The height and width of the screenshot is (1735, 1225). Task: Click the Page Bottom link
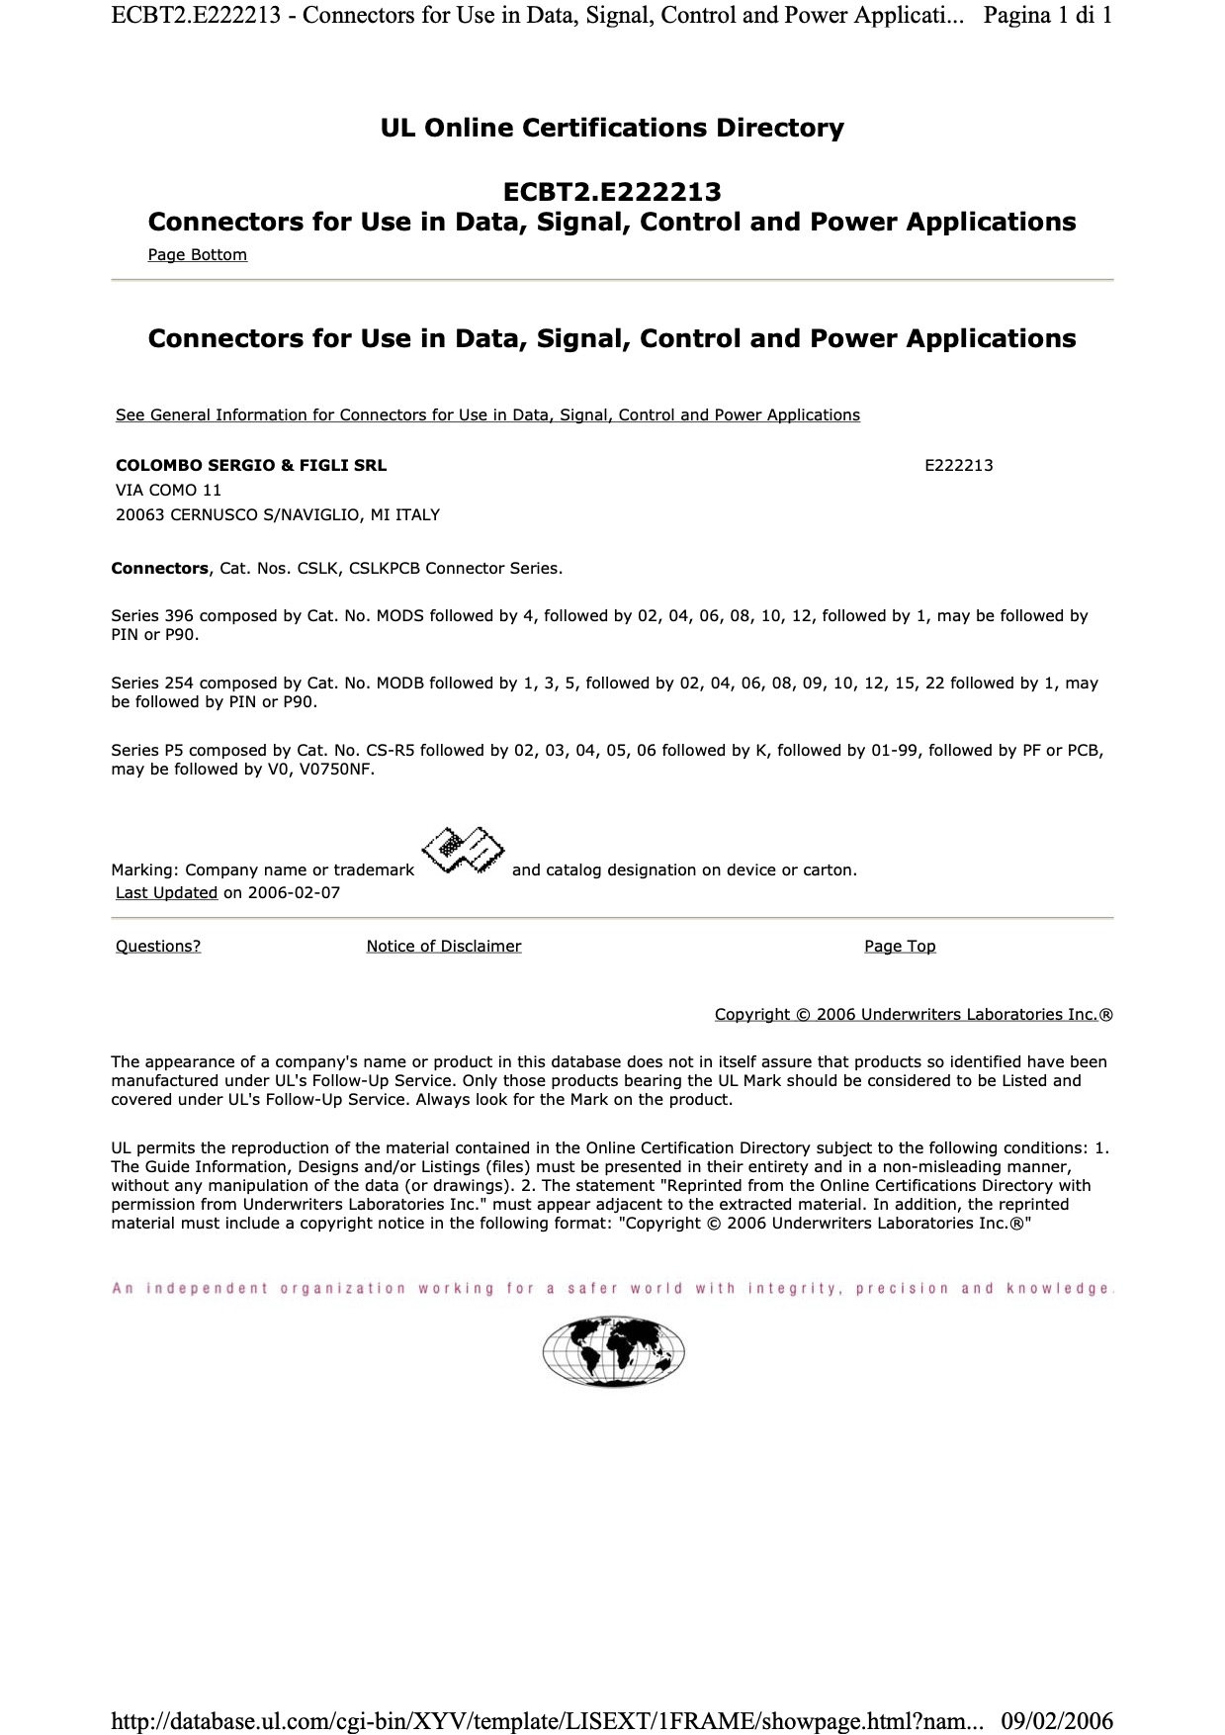(x=197, y=254)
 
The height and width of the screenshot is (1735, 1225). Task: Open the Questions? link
(x=158, y=946)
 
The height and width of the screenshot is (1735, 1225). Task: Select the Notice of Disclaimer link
(x=443, y=946)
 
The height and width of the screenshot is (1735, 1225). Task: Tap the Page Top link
(x=900, y=946)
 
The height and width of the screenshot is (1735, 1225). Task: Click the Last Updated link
(x=166, y=892)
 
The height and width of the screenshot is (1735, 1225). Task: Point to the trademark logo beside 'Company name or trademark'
(x=463, y=851)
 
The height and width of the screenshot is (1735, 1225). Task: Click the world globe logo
(x=613, y=1351)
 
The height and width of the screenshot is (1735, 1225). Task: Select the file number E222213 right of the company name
(x=958, y=465)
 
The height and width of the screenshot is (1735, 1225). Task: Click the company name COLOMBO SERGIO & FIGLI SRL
(x=251, y=465)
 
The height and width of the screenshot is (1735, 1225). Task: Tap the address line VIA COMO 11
(x=168, y=490)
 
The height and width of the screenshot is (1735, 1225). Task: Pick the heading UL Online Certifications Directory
(x=612, y=128)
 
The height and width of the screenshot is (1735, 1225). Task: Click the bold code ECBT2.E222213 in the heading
(x=612, y=191)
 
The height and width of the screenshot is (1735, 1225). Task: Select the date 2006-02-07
(x=294, y=892)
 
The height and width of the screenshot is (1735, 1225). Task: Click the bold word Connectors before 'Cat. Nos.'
(x=159, y=568)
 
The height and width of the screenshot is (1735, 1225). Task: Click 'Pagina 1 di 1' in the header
(x=1048, y=15)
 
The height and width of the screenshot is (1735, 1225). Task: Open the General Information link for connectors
(x=487, y=414)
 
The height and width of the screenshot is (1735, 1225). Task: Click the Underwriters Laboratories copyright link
(x=906, y=1014)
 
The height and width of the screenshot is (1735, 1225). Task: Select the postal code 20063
(x=140, y=514)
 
